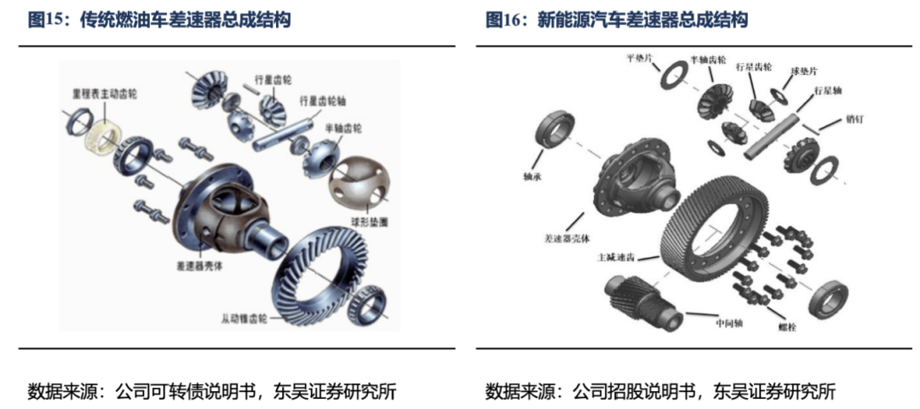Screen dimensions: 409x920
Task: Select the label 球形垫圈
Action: coord(366,220)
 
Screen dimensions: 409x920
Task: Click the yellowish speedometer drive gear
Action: coord(101,135)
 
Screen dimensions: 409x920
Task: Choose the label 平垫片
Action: coord(641,59)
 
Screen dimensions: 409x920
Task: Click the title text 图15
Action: coord(48,20)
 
